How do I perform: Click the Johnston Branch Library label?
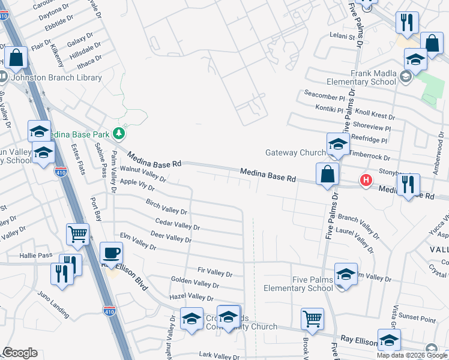point(46,78)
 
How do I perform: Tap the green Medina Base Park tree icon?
point(119,132)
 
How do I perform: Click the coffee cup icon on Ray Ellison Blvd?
point(111,253)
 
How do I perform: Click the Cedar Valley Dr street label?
point(177,226)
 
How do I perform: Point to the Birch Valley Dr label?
point(167,208)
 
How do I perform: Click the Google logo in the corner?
point(20,353)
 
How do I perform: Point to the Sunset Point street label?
point(419,320)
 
